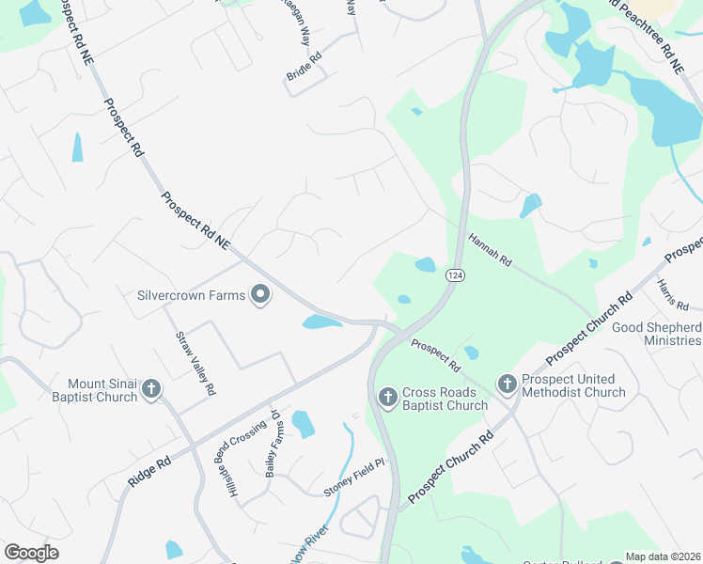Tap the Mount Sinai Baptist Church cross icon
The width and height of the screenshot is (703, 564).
(x=151, y=389)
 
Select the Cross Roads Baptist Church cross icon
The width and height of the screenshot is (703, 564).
(x=387, y=399)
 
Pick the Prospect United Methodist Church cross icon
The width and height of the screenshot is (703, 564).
(x=507, y=384)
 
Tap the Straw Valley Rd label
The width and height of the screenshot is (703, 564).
(x=196, y=363)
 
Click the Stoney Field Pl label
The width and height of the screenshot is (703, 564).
(x=355, y=478)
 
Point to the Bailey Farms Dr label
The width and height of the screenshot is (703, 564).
(x=273, y=445)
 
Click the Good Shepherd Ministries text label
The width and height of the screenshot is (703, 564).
(x=656, y=334)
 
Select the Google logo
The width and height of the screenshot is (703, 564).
(x=32, y=552)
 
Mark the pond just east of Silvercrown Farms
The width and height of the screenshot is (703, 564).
(x=321, y=322)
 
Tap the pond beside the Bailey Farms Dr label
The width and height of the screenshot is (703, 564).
(x=303, y=424)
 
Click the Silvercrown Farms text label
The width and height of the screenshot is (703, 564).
(x=192, y=295)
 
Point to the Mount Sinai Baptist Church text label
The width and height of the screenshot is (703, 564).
(x=102, y=390)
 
